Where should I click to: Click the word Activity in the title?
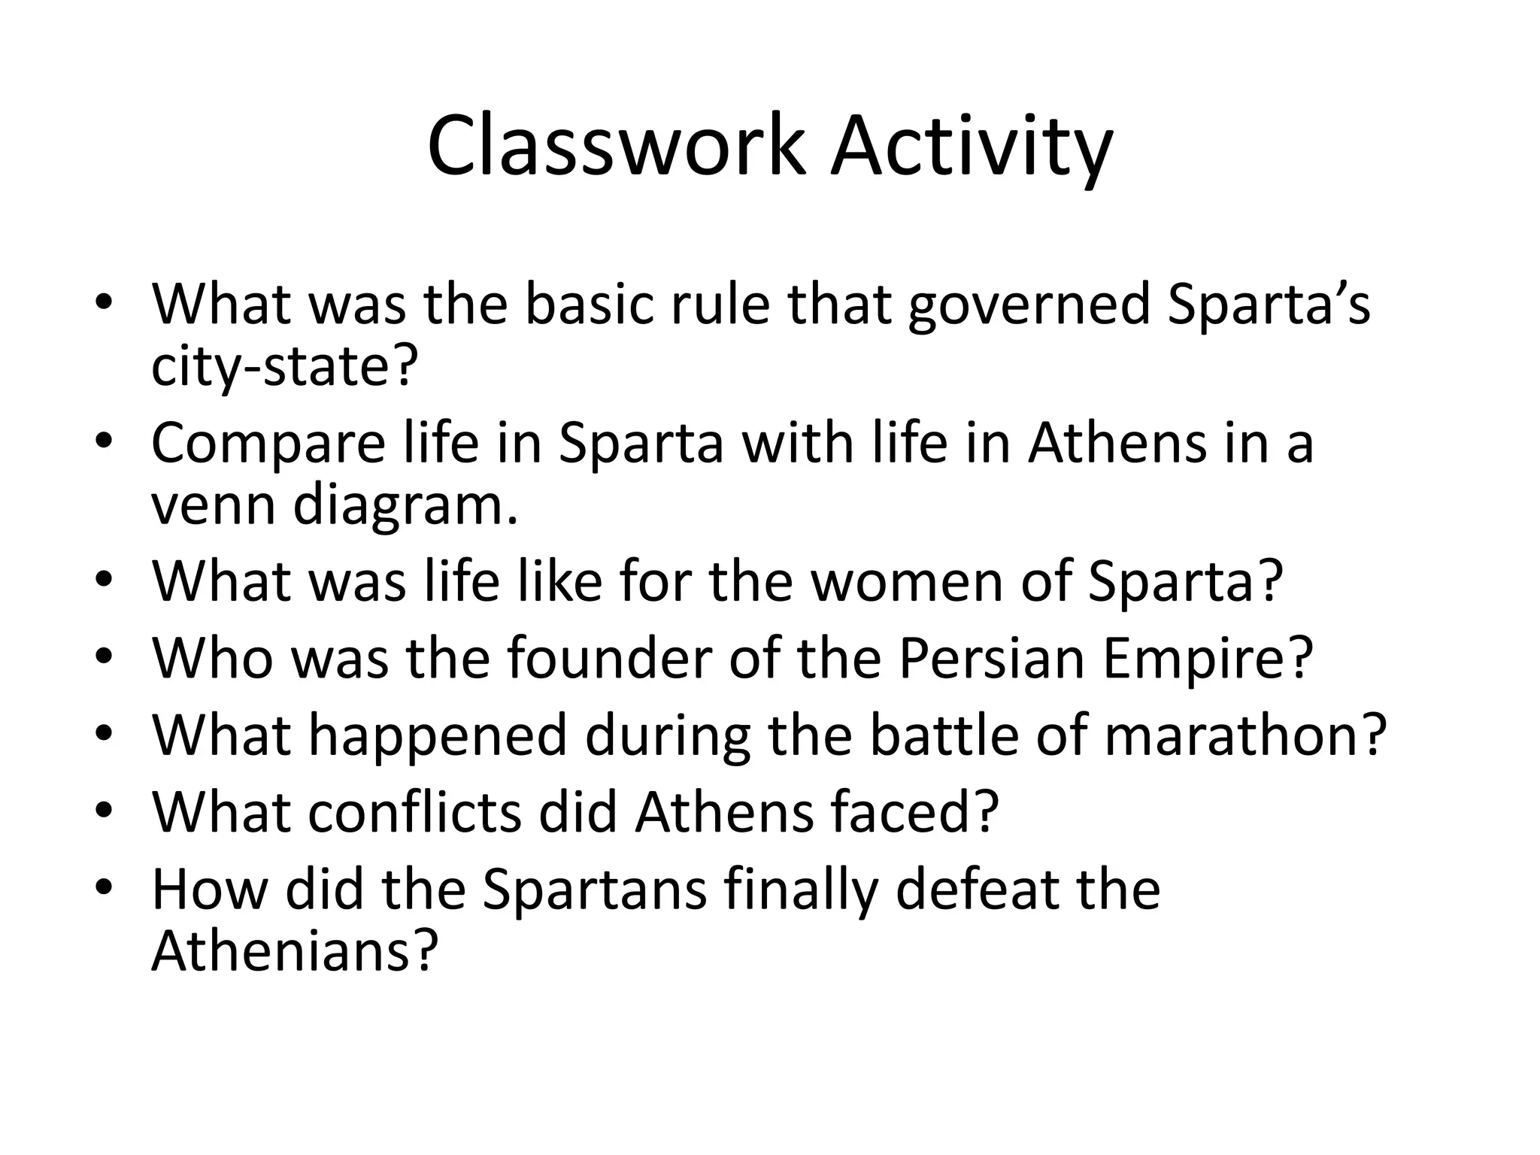pos(971,146)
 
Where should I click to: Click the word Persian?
pos(991,658)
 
